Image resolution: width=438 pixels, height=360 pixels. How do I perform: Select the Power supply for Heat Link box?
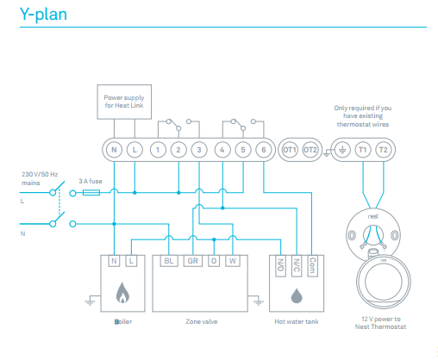tap(124, 102)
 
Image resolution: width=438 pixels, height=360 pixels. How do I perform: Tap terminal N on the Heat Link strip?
tap(114, 150)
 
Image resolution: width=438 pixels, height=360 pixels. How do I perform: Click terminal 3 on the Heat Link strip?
tap(198, 150)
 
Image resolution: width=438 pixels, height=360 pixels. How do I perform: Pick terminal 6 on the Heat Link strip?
tap(263, 150)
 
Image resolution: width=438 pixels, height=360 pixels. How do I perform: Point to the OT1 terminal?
tap(290, 150)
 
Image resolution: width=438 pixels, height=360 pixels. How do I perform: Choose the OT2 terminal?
tap(311, 150)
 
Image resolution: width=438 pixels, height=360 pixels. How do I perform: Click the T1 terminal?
tap(362, 150)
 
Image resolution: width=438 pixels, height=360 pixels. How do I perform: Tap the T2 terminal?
tap(384, 150)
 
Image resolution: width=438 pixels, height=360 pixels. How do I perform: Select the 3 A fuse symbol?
tap(90, 194)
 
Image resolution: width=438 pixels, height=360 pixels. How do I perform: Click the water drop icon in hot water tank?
tap(297, 295)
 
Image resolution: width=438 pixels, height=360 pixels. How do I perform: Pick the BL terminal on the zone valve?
tap(168, 260)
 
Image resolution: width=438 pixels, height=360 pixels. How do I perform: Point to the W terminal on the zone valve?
tap(232, 260)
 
